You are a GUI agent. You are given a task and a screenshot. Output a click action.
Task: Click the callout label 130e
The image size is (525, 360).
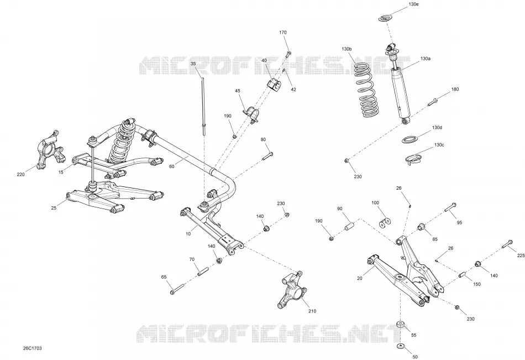[413, 4]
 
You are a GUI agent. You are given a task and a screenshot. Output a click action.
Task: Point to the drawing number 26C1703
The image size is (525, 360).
[30, 348]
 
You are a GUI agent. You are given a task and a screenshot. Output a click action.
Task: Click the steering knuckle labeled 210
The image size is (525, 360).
[290, 290]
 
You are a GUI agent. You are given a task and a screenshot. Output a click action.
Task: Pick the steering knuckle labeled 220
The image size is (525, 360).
[50, 150]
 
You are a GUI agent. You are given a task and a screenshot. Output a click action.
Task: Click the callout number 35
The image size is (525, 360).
[193, 64]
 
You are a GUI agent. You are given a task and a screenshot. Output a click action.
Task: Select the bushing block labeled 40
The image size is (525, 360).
[274, 85]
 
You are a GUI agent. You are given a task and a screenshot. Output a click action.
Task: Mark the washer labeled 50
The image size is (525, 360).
[401, 346]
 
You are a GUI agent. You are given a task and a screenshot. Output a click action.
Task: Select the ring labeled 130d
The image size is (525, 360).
[409, 139]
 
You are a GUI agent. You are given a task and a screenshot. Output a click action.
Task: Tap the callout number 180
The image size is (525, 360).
[455, 89]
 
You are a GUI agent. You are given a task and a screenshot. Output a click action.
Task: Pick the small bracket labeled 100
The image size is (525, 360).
[385, 222]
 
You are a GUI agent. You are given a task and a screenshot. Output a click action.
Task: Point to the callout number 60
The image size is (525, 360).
[172, 166]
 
